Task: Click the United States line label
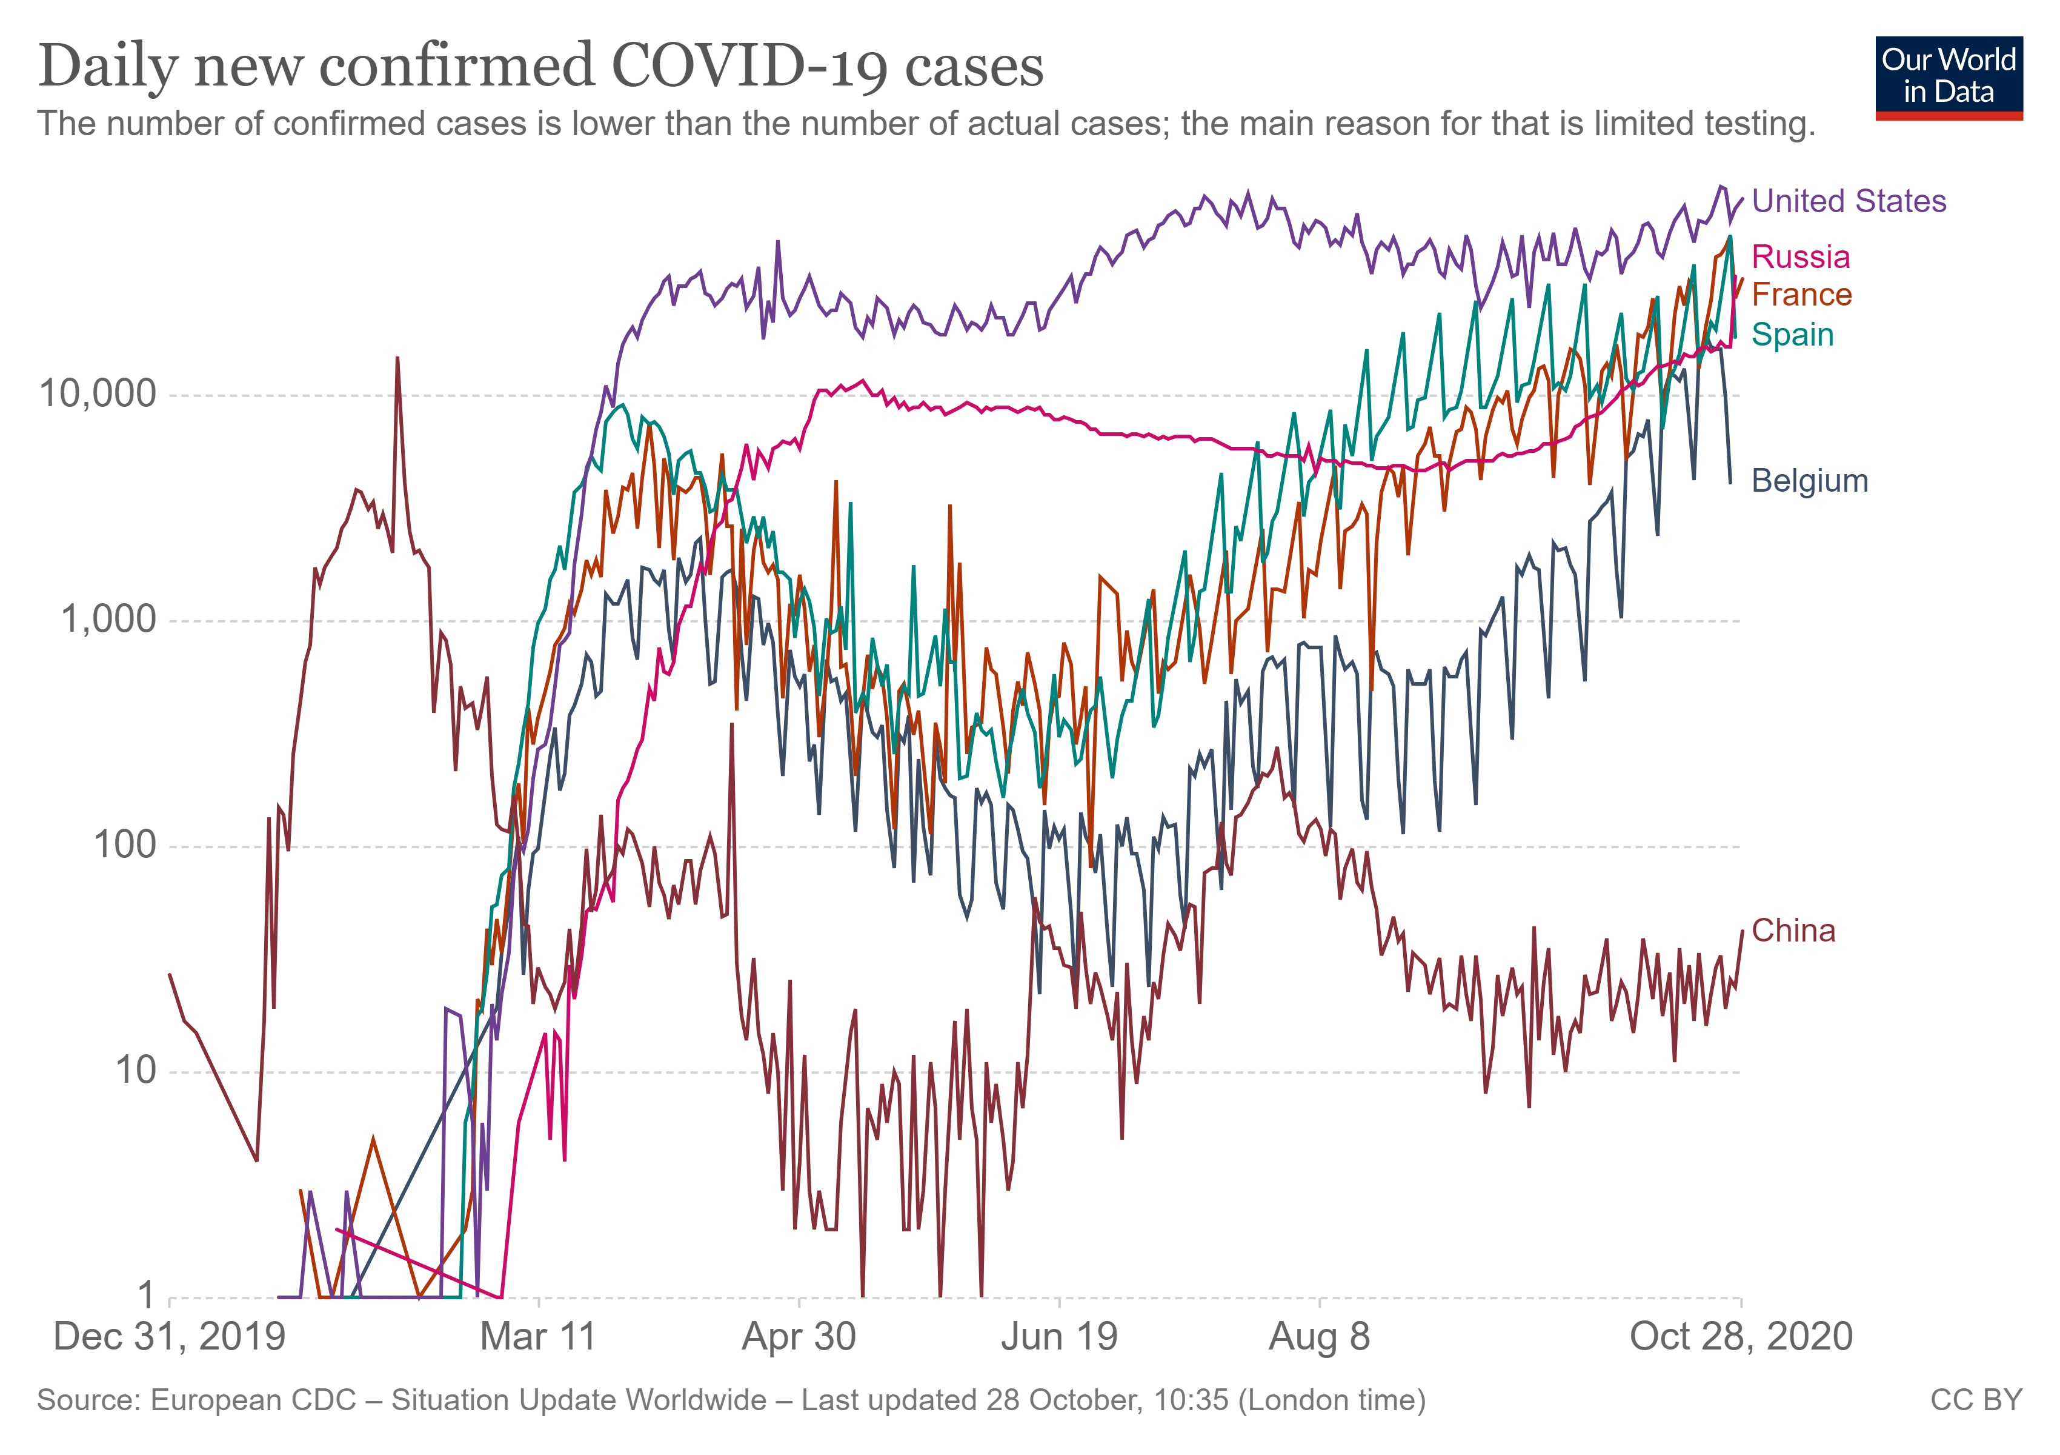point(1849,201)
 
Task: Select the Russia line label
point(1800,258)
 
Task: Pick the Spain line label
point(1792,335)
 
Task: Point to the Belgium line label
point(1809,481)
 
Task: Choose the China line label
point(1793,931)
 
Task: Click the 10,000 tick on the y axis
point(97,394)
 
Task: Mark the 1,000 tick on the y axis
point(108,620)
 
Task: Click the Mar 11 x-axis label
point(539,1337)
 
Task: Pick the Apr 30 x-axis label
point(799,1337)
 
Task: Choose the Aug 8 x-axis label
point(1319,1337)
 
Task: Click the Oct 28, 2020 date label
point(1741,1337)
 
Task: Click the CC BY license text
point(1976,1401)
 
